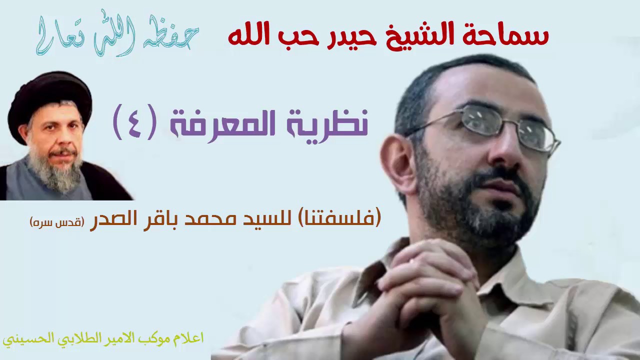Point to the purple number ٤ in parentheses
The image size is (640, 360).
point(136,122)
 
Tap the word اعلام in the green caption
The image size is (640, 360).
point(190,338)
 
